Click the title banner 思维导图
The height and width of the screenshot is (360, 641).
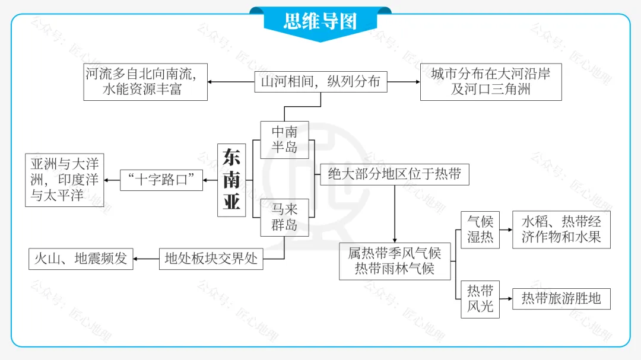point(320,22)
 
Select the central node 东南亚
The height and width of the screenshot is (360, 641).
point(231,180)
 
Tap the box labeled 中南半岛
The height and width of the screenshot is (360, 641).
point(284,140)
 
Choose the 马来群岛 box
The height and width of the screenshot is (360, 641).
point(284,217)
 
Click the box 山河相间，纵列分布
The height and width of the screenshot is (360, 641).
point(320,82)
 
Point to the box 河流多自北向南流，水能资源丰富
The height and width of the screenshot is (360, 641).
point(145,82)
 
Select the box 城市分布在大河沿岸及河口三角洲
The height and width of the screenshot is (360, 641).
point(491,82)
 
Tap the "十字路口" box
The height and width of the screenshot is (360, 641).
point(161,180)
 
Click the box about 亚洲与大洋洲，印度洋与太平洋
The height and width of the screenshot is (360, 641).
point(65,180)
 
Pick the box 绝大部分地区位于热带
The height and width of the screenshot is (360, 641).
point(395,175)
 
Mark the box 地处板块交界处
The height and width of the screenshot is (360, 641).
point(211,259)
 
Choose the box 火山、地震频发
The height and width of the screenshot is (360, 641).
point(81,259)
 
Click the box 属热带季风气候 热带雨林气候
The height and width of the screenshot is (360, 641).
point(395,261)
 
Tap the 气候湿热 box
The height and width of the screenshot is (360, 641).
point(480,230)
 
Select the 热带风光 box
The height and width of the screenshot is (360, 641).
point(480,299)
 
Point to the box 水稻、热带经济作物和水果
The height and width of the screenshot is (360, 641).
point(561,230)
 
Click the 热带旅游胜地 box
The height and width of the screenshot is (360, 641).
point(561,298)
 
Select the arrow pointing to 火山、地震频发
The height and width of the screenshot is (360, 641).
point(146,259)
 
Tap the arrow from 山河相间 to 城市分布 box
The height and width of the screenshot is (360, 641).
point(404,82)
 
